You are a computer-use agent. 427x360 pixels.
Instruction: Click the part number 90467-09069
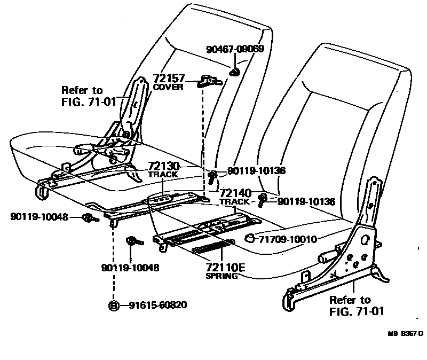coord(235,49)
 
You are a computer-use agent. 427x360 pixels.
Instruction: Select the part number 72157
coord(168,79)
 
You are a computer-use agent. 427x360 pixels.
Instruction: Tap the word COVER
coord(168,87)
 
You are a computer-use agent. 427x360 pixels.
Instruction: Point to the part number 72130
coord(164,167)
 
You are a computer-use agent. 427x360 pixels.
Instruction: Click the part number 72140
coord(235,193)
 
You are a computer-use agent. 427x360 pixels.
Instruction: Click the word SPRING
coord(222,276)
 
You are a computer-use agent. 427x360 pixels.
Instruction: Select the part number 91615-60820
coord(157,306)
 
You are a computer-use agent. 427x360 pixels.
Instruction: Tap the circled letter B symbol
coord(114,306)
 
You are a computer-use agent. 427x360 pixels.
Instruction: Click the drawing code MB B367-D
coord(405,334)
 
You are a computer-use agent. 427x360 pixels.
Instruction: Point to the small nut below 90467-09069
coord(234,73)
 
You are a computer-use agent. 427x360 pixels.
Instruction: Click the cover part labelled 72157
coord(208,81)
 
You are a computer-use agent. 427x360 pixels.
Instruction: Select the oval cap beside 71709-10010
coord(249,238)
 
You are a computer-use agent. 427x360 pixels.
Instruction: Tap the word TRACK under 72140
coord(234,202)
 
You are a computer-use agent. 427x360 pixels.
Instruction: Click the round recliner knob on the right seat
coord(326,259)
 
